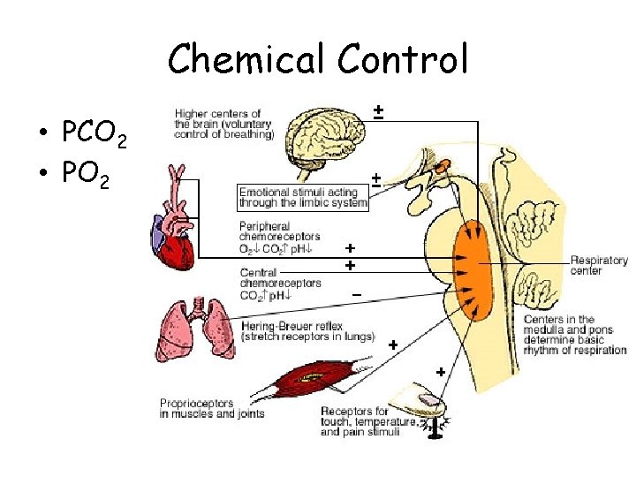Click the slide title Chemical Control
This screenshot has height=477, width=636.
pyautogui.click(x=317, y=59)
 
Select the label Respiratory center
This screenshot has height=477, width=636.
pyautogui.click(x=599, y=265)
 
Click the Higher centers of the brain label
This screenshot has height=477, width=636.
pyautogui.click(x=224, y=124)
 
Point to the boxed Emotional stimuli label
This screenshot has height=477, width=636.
pyautogui.click(x=302, y=198)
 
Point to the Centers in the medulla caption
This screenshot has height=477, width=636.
pyautogui.click(x=575, y=331)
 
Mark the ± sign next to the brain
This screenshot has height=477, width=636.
pyautogui.click(x=377, y=111)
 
